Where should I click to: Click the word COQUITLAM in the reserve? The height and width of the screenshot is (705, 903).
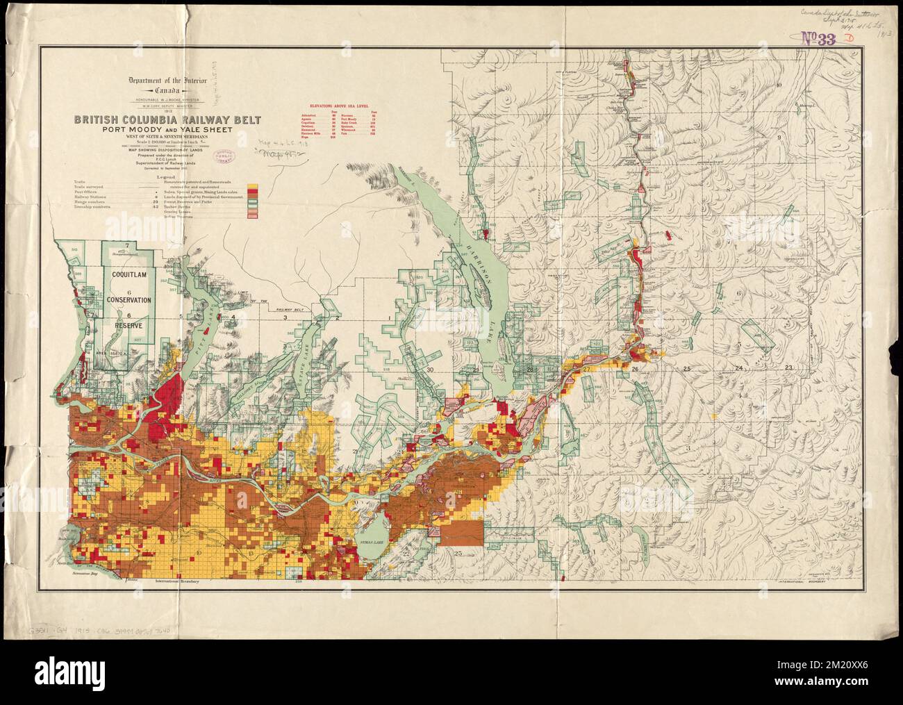[x=136, y=274]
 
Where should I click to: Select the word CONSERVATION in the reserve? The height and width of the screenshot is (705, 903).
[x=136, y=300]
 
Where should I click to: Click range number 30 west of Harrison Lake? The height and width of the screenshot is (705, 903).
[x=431, y=370]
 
